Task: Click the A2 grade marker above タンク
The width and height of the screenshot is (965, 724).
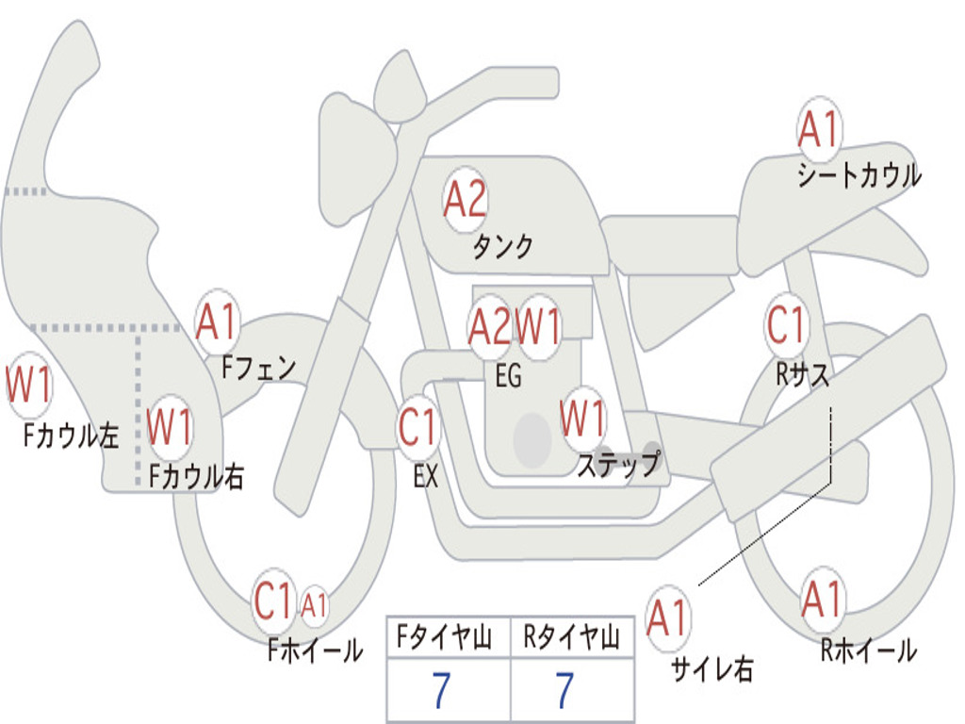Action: point(465,200)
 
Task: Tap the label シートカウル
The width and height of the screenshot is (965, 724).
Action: point(859,175)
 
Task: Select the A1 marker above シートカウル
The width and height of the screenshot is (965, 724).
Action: point(818,130)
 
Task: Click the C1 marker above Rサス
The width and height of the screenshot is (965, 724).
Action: point(786,325)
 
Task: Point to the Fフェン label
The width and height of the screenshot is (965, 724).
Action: point(258,367)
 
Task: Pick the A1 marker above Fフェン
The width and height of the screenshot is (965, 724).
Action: point(218,322)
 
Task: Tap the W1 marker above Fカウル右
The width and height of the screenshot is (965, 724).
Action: point(171,427)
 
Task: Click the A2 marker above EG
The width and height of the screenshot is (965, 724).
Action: point(489,326)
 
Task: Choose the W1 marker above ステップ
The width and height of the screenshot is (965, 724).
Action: point(582,419)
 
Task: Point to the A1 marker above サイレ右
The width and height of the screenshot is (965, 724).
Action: point(667,618)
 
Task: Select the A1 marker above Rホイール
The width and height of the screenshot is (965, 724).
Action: point(822,600)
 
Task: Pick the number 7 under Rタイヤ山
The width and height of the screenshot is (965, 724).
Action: point(564,691)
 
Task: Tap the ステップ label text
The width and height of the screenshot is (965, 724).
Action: point(618,465)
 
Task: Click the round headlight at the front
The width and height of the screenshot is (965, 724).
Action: point(355,156)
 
